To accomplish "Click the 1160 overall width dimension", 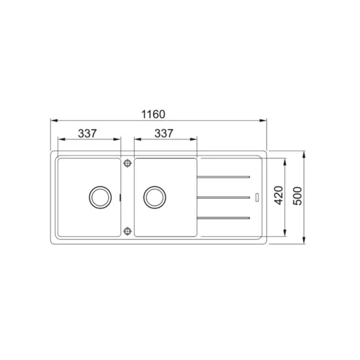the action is pyautogui.click(x=153, y=115).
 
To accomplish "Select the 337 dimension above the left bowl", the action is pyautogui.click(x=87, y=133).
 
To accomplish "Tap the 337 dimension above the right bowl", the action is pyautogui.click(x=164, y=133).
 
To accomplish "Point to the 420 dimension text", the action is pyautogui.click(x=279, y=195).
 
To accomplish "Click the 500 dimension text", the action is pyautogui.click(x=298, y=196).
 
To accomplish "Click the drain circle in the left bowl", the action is pyautogui.click(x=100, y=197).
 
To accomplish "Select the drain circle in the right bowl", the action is pyautogui.click(x=155, y=197).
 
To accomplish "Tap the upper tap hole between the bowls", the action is pyautogui.click(x=127, y=163).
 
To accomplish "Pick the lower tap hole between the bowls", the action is pyautogui.click(x=127, y=231).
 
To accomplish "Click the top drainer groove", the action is pyautogui.click(x=223, y=177).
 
